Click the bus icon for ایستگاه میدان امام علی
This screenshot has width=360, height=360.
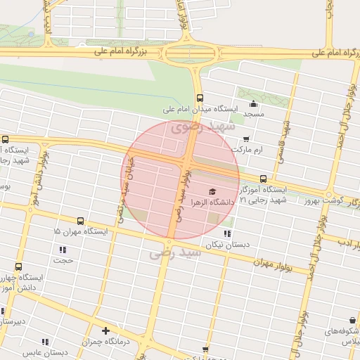200,98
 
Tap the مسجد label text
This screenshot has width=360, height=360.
253,113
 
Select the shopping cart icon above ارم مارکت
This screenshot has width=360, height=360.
245,139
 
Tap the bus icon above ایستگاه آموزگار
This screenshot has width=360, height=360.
263,179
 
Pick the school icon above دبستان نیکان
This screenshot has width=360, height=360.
226,233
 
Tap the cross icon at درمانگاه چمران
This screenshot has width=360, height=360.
105,330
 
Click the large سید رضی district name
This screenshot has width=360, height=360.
176,253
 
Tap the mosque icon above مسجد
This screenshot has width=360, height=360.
253,103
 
